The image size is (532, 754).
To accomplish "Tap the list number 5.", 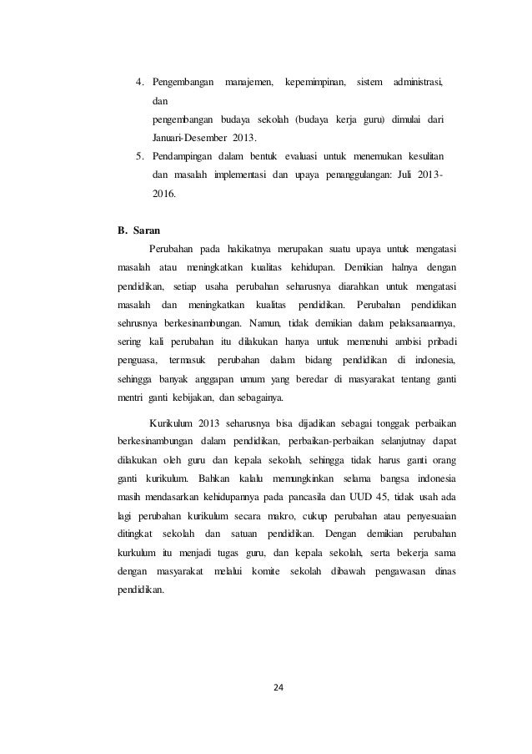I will pyautogui.click(x=140, y=156).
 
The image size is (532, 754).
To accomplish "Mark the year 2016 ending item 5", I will pyautogui.click(x=164, y=193).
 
